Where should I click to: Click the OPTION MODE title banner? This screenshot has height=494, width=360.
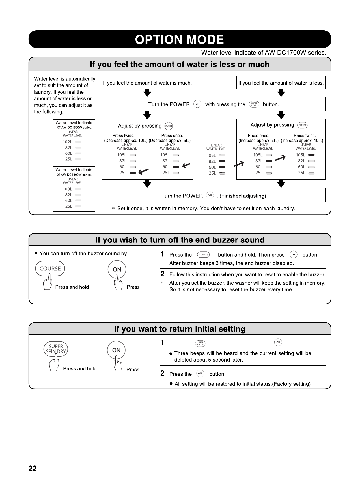(180, 39)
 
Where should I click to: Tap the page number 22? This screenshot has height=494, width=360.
(33, 468)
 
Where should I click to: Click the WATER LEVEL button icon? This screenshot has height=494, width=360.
(254, 104)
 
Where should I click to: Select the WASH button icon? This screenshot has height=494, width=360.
(169, 126)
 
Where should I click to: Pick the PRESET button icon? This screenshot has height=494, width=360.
(302, 125)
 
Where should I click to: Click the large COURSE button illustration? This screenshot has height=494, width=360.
(50, 269)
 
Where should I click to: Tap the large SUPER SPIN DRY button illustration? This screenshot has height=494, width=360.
(56, 349)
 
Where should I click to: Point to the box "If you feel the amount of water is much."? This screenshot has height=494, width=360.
(147, 83)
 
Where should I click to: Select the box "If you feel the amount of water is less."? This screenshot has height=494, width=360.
(281, 83)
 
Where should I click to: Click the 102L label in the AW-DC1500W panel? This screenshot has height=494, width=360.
(68, 142)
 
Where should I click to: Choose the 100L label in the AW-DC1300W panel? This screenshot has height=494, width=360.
(68, 189)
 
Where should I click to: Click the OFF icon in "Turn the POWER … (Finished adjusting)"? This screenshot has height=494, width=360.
(210, 196)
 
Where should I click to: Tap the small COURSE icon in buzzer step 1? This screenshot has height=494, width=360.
(203, 255)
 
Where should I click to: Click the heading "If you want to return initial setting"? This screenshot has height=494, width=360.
(180, 329)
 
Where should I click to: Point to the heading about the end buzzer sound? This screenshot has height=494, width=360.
(180, 240)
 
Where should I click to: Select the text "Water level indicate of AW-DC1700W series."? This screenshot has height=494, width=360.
(264, 53)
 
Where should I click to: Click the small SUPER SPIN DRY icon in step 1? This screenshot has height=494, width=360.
(200, 343)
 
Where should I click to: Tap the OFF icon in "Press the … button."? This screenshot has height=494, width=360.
(200, 373)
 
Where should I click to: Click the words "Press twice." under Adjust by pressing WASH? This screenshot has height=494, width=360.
(123, 136)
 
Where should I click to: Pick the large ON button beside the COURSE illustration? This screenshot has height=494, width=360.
(117, 269)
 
